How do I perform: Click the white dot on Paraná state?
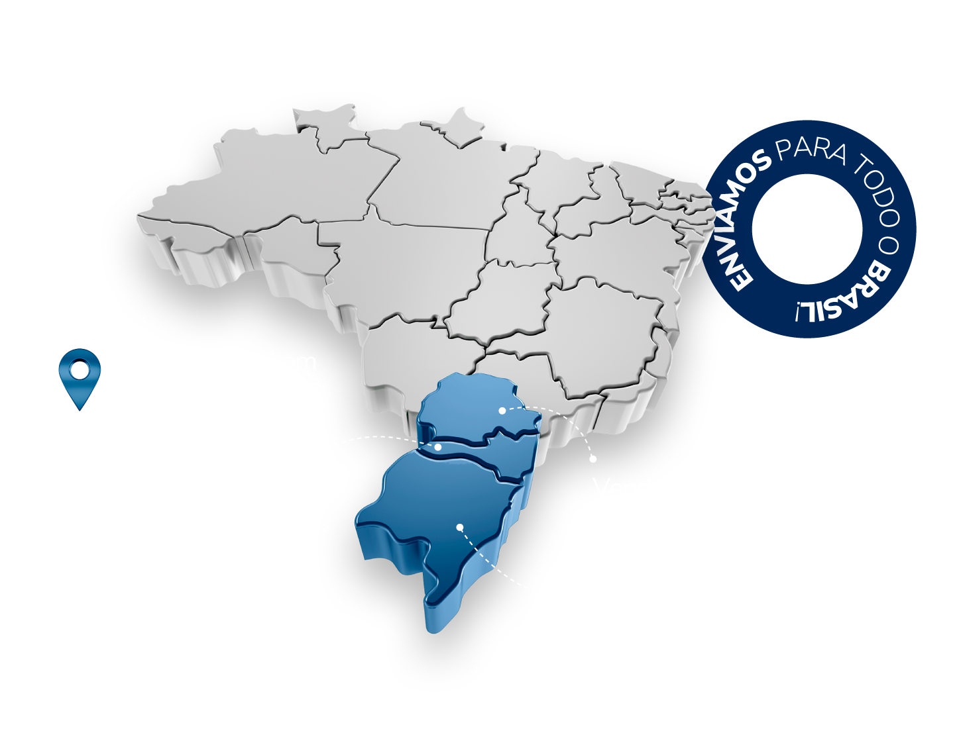point(502,411)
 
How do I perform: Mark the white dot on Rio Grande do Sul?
point(460,527)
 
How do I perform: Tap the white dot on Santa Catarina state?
point(438,448)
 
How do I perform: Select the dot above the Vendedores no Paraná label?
point(593,458)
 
